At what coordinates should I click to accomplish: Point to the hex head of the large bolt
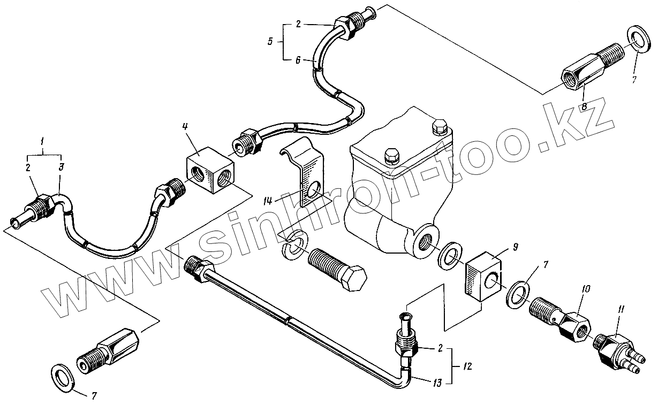(354, 279)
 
